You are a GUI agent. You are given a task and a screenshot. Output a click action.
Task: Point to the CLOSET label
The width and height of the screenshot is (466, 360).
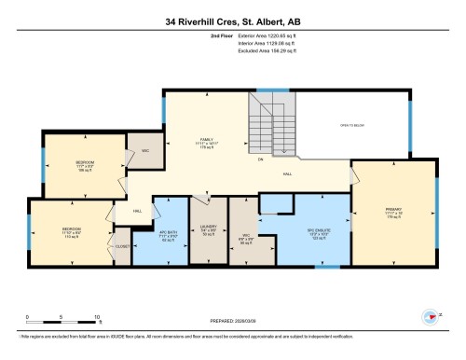(x=123, y=245)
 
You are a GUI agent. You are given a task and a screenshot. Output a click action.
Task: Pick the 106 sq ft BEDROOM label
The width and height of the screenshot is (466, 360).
(x=86, y=166)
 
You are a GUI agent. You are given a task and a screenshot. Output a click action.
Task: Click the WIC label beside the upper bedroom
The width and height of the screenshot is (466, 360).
(x=144, y=151)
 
